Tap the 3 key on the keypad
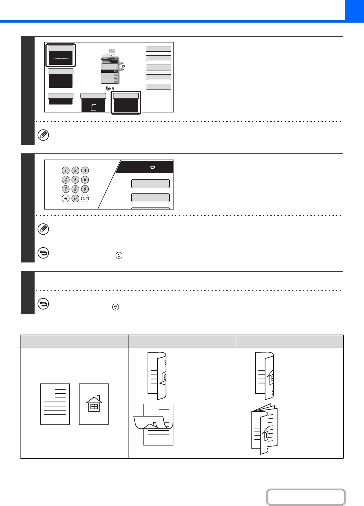click(x=85, y=170)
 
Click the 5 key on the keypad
click(x=75, y=180)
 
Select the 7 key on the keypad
click(x=65, y=189)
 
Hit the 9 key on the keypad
click(x=85, y=189)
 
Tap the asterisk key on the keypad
click(x=65, y=199)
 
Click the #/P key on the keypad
click(x=85, y=199)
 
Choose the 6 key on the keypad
click(x=85, y=180)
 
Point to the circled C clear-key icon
click(x=119, y=255)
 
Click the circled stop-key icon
click(x=116, y=307)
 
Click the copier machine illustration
click(x=112, y=67)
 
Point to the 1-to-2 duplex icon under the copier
click(x=110, y=88)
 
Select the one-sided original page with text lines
click(x=55, y=404)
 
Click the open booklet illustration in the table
click(x=265, y=429)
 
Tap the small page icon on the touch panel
click(x=94, y=108)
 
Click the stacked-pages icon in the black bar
click(x=152, y=167)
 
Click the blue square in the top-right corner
click(x=354, y=11)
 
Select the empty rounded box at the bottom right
click(x=306, y=497)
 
